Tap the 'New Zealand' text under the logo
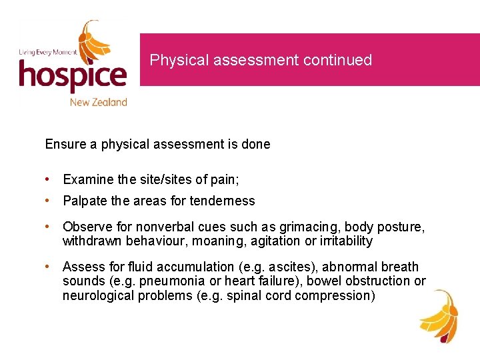coord(98,102)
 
